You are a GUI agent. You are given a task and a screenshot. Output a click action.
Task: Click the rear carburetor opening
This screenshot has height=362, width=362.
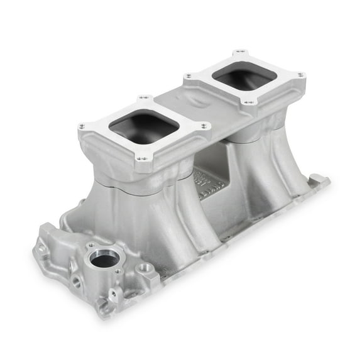click(x=244, y=79)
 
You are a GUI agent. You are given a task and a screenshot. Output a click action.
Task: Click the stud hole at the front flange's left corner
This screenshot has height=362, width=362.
click(x=82, y=127)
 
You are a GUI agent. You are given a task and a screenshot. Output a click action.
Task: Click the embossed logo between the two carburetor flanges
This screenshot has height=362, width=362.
click(x=182, y=101)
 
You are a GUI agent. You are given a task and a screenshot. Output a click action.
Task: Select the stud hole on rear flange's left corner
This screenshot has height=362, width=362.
click(x=188, y=78)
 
